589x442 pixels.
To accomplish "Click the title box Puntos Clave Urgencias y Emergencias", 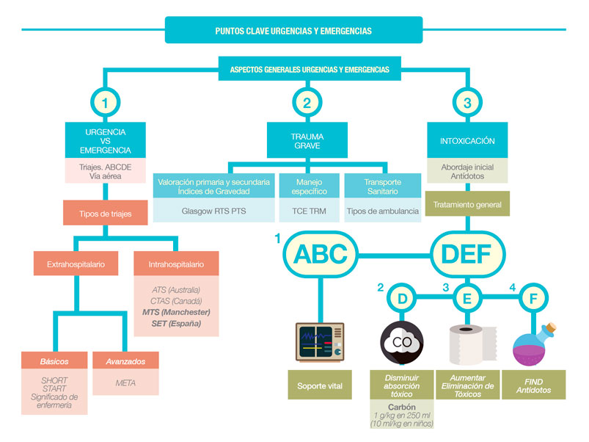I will pos(293,31).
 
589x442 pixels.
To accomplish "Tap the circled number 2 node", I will pos(307,104).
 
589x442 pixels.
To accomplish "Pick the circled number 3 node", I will pos(467,104).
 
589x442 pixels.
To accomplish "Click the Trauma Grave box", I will pos(307,141).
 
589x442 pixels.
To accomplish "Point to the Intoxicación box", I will pos(467,141).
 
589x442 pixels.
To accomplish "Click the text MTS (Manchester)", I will pos(175,311).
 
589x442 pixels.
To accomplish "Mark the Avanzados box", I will pos(125,361).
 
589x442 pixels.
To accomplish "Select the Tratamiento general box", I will pos(467,206).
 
